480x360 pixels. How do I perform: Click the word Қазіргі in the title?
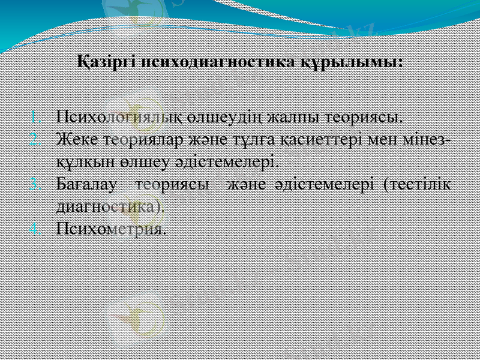tap(106, 62)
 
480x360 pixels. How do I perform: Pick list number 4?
tap(34, 229)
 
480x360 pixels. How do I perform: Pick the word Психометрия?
tap(110, 229)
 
